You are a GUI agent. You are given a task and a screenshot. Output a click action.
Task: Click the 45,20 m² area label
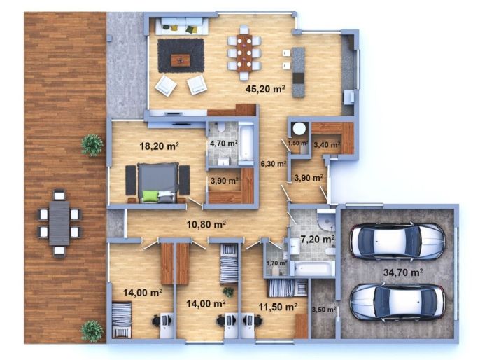click(265, 89)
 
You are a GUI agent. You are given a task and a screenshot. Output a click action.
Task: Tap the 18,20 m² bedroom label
click(160, 146)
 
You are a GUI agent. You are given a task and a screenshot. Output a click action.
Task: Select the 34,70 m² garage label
click(403, 272)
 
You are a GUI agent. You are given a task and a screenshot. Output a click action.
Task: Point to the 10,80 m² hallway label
click(206, 224)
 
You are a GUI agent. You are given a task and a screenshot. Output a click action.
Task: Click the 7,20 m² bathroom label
click(318, 239)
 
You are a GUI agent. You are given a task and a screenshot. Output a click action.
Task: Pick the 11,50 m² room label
click(278, 307)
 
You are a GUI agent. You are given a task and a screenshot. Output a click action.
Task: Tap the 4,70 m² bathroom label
click(224, 143)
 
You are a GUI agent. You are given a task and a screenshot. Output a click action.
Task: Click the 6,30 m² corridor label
click(274, 164)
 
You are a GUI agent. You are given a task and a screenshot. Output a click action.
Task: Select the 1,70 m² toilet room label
click(277, 263)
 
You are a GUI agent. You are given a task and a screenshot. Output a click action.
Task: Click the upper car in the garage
click(397, 240)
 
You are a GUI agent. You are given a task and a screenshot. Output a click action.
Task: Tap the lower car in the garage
click(397, 302)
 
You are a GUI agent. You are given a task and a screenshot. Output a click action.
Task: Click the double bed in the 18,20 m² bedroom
click(157, 183)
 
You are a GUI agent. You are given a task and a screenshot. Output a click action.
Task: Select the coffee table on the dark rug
click(181, 60)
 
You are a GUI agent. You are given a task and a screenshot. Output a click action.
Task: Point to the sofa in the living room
click(182, 27)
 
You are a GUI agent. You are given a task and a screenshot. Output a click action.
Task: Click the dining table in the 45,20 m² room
click(244, 53)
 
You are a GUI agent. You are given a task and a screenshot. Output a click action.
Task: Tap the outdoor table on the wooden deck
click(59, 223)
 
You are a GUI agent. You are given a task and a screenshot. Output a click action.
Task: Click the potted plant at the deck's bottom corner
click(92, 331)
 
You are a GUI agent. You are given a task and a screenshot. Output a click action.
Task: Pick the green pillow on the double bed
click(150, 196)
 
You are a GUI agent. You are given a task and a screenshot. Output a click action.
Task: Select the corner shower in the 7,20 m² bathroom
click(326, 219)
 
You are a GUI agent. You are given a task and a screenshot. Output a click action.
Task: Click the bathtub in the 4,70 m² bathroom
click(246, 141)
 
